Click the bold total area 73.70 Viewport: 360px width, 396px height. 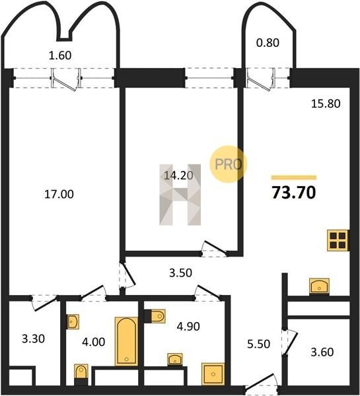click(x=294, y=193)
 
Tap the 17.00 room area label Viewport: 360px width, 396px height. click(x=59, y=194)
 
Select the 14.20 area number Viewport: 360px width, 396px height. click(x=178, y=175)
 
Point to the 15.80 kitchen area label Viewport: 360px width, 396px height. click(x=326, y=104)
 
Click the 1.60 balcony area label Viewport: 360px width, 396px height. click(x=60, y=55)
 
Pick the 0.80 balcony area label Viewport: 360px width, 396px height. click(x=268, y=42)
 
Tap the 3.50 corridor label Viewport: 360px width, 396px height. click(x=180, y=273)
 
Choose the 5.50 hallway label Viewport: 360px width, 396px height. click(x=259, y=344)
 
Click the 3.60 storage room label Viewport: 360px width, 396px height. click(x=322, y=352)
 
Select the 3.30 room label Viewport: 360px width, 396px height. click(x=34, y=339)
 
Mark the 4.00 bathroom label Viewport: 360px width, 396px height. click(x=94, y=342)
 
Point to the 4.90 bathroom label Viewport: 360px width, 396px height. click(x=188, y=326)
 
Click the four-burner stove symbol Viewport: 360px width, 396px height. click(x=338, y=240)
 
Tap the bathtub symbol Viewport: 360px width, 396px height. click(x=126, y=341)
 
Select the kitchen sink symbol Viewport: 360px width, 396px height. click(x=320, y=286)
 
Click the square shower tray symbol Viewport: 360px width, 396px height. click(x=213, y=374)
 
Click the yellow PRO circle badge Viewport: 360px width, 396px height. click(x=228, y=164)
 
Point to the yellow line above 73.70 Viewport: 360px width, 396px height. click(x=294, y=178)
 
